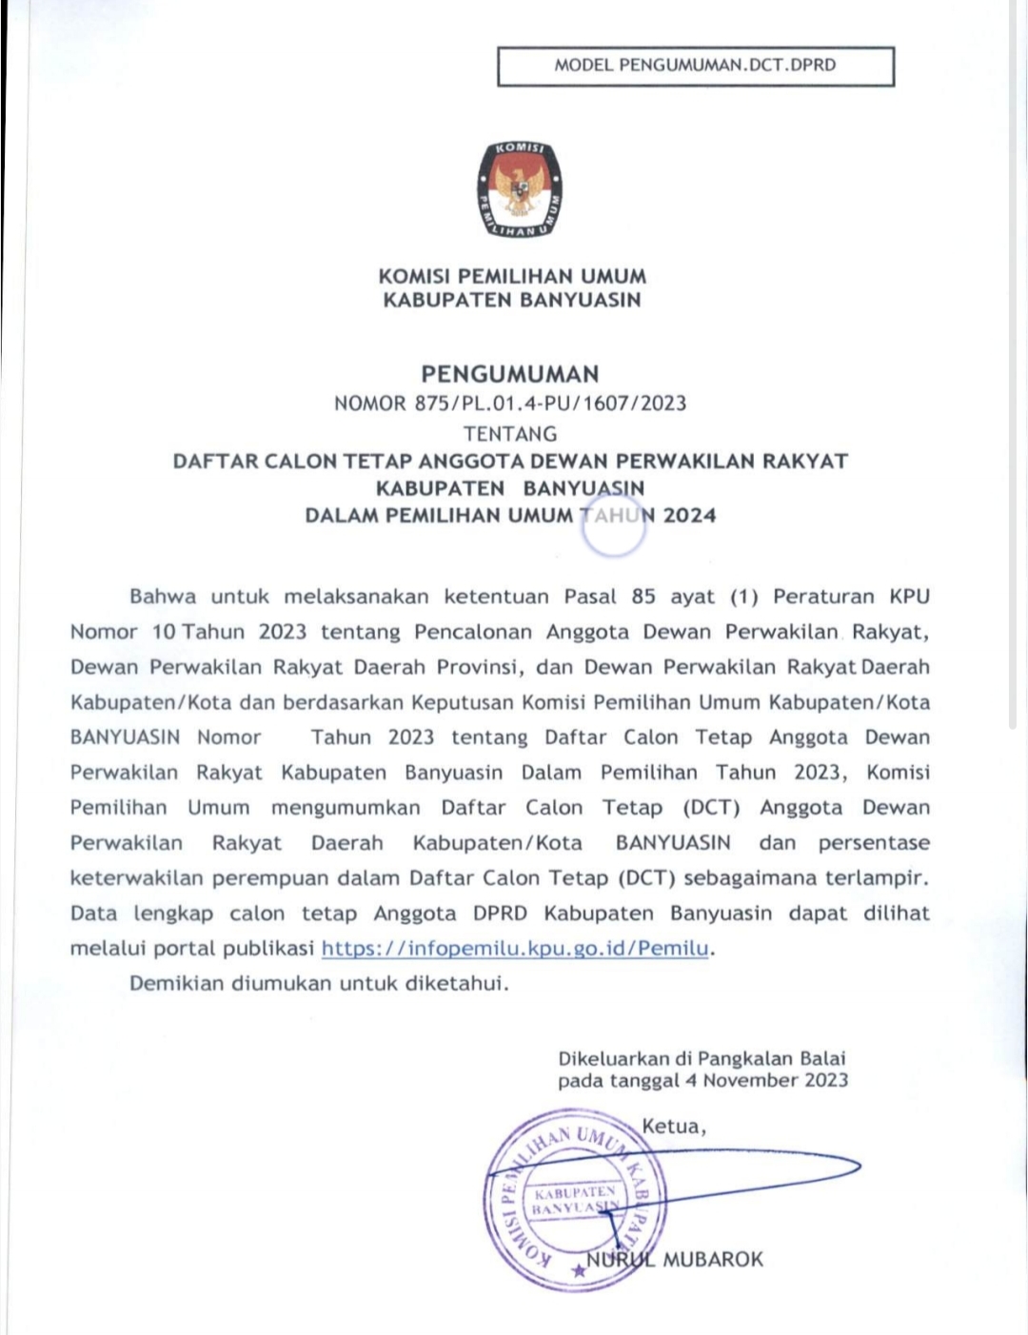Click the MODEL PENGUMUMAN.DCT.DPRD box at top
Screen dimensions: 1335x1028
point(696,66)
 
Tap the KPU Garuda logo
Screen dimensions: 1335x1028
point(519,190)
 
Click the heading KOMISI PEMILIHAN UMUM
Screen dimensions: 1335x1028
point(512,277)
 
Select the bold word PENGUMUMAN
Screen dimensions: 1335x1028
point(510,374)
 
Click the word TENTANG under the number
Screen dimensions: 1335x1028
point(510,434)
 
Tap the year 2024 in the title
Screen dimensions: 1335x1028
point(690,516)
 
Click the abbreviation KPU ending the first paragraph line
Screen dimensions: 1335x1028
point(909,598)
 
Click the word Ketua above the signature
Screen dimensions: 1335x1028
point(672,1128)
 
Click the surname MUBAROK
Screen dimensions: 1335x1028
point(713,1260)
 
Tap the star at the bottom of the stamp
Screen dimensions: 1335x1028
point(577,1270)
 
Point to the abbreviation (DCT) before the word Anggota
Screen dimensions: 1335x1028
point(711,808)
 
